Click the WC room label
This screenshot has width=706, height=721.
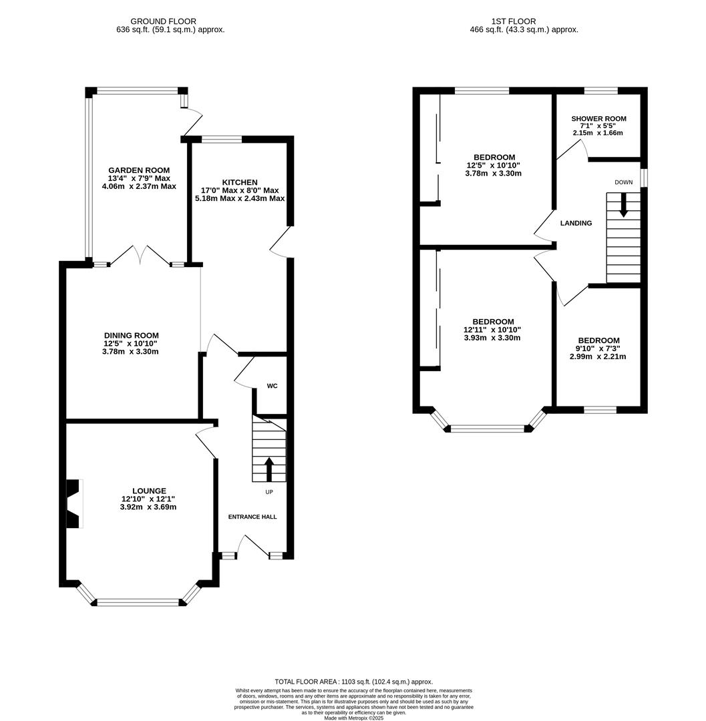(272, 386)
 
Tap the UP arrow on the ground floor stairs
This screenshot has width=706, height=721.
(269, 469)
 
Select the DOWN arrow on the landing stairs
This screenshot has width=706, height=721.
(624, 205)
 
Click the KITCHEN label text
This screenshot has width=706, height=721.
(240, 182)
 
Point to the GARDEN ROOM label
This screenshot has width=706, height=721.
(139, 170)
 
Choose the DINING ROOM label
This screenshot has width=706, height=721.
(131, 336)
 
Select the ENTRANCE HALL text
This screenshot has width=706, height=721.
(252, 517)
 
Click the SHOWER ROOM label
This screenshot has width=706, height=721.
(598, 119)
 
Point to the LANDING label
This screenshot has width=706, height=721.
(576, 223)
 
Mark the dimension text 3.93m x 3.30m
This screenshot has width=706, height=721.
(492, 338)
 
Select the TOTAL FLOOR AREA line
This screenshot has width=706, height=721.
(353, 682)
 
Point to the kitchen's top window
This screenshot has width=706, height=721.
(222, 140)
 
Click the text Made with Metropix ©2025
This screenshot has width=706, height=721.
(353, 718)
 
